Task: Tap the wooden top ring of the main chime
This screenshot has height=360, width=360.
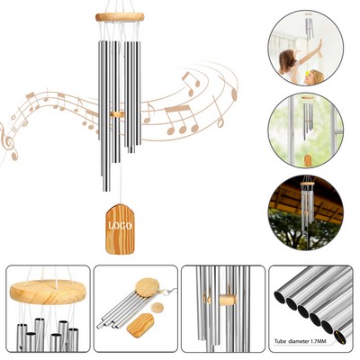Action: (120, 17)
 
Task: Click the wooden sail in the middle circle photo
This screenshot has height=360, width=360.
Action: (308, 160)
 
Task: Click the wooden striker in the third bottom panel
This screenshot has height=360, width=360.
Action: (226, 298)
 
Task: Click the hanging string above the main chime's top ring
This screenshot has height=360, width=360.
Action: (120, 6)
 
